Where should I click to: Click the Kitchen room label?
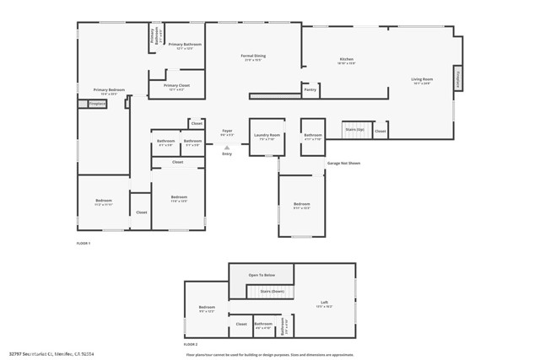pos(347,59)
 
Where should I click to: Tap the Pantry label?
pos(310,89)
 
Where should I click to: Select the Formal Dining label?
pos(254,56)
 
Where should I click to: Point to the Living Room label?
pos(422,80)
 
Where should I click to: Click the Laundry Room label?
pos(267,136)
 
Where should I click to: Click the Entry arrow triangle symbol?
pos(226,148)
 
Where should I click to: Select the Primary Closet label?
pos(177,86)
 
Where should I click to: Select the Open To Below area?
pos(262,275)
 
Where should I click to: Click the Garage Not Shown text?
pos(343,163)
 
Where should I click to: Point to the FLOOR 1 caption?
pos(83,243)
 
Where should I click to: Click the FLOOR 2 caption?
pos(191,345)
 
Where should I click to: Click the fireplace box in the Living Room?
pos(458,78)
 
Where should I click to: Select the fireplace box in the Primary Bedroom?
pos(97,105)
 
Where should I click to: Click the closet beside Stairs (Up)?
pos(381,132)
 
